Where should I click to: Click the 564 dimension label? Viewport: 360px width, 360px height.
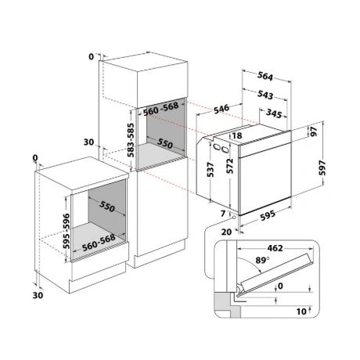(265, 76)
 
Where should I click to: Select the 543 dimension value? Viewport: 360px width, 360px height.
(265, 95)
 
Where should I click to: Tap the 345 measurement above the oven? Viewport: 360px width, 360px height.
(274, 113)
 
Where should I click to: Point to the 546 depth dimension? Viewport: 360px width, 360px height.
(221, 109)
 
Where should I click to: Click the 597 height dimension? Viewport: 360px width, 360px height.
(322, 167)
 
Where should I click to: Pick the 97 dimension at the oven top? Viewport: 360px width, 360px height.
(314, 131)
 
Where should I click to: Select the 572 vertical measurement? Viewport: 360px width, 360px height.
(230, 166)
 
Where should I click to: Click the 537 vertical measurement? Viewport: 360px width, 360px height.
(211, 170)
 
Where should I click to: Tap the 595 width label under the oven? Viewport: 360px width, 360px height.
(268, 215)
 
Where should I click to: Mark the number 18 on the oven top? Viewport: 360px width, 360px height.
(237, 135)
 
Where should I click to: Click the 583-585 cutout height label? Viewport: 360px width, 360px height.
(131, 140)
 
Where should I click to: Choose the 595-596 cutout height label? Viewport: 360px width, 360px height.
(67, 231)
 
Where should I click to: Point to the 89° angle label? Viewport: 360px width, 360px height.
(262, 260)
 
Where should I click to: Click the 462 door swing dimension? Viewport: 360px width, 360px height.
(275, 248)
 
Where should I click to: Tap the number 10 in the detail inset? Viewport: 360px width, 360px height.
(301, 311)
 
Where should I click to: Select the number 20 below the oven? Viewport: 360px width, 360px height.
(226, 232)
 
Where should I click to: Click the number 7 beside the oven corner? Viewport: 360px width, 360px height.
(223, 214)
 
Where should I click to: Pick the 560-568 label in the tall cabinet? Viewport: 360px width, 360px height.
(161, 109)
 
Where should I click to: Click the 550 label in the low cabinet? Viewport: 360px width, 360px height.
(107, 206)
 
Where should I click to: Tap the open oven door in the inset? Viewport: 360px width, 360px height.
(276, 273)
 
